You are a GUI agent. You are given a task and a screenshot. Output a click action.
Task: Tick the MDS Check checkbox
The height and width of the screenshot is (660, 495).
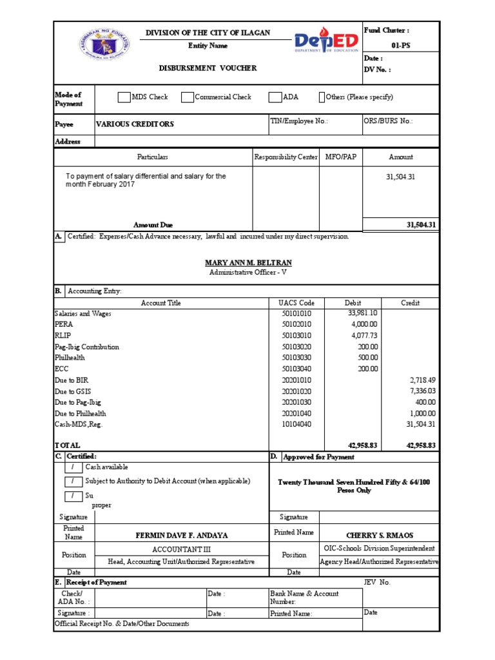pyautogui.click(x=124, y=97)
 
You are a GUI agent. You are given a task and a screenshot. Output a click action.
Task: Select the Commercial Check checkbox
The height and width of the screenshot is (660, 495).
pyautogui.click(x=187, y=97)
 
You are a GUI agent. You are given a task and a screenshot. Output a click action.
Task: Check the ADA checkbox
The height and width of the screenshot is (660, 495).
pyautogui.click(x=275, y=97)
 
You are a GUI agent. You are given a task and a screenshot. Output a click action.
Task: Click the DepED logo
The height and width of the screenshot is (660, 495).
pyautogui.click(x=326, y=43)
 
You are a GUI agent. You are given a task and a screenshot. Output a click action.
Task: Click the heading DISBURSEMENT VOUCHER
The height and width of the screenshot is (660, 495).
pyautogui.click(x=208, y=68)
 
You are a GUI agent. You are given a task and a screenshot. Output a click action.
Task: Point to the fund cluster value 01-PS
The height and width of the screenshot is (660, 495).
pyautogui.click(x=400, y=46)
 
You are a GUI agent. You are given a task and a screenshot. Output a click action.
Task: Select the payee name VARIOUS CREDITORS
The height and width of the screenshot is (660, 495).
pyautogui.click(x=135, y=124)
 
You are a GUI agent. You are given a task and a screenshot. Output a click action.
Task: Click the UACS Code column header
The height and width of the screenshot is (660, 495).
pyautogui.click(x=296, y=303)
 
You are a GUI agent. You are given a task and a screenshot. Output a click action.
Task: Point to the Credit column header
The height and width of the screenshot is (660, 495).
pyautogui.click(x=411, y=303)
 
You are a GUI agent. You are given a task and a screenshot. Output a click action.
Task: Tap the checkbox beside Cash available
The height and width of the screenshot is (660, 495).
pyautogui.click(x=73, y=467)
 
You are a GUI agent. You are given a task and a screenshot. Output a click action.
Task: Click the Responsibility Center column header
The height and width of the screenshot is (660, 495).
pyautogui.click(x=286, y=157)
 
